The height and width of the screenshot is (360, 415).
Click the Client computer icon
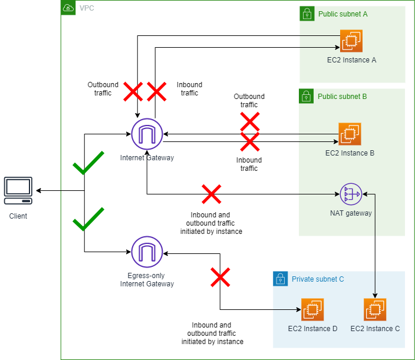[x=18, y=190]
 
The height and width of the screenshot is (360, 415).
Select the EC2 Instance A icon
[x=351, y=41]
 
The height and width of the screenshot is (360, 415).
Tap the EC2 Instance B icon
[x=350, y=134]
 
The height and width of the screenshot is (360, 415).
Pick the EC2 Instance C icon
[x=375, y=309]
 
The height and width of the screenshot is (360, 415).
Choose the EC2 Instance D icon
[x=312, y=309]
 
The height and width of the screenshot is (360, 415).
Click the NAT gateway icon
[x=351, y=193]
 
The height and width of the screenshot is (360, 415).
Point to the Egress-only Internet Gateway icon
[x=147, y=252]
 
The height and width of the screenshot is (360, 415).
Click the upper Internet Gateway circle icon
[x=147, y=134]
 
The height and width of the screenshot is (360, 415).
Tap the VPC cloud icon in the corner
[x=68, y=8]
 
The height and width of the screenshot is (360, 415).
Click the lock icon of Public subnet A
[x=307, y=14]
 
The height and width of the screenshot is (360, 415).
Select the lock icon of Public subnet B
[x=307, y=95]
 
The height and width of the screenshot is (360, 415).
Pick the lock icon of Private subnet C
[x=280, y=279]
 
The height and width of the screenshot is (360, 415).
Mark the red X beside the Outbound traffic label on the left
[x=133, y=91]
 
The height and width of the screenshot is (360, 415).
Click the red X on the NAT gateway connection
[x=211, y=194]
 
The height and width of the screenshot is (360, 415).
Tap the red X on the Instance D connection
[x=220, y=277]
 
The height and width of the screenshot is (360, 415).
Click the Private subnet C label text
[x=318, y=279]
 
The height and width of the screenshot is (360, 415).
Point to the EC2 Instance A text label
[x=351, y=60]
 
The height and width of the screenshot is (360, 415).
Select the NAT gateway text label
[x=351, y=213]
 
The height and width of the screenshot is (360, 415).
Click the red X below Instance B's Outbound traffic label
[x=249, y=122]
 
